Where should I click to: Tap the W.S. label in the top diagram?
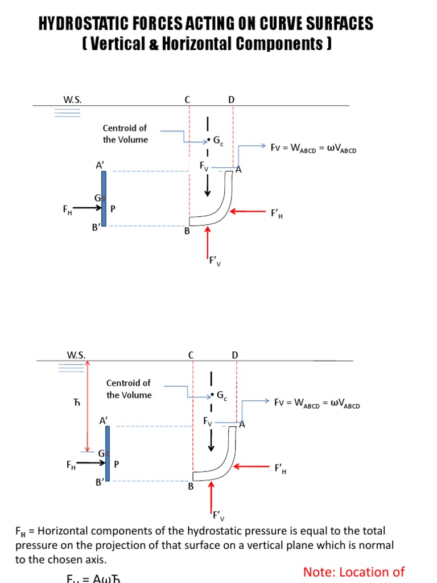tap(72, 100)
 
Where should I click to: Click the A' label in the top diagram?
tap(100, 165)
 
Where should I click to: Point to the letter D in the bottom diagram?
tap(235, 355)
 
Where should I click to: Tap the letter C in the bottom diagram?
tap(191, 355)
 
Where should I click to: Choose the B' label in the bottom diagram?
tap(100, 482)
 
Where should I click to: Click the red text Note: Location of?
tap(353, 572)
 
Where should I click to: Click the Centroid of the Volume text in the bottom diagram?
tap(129, 389)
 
